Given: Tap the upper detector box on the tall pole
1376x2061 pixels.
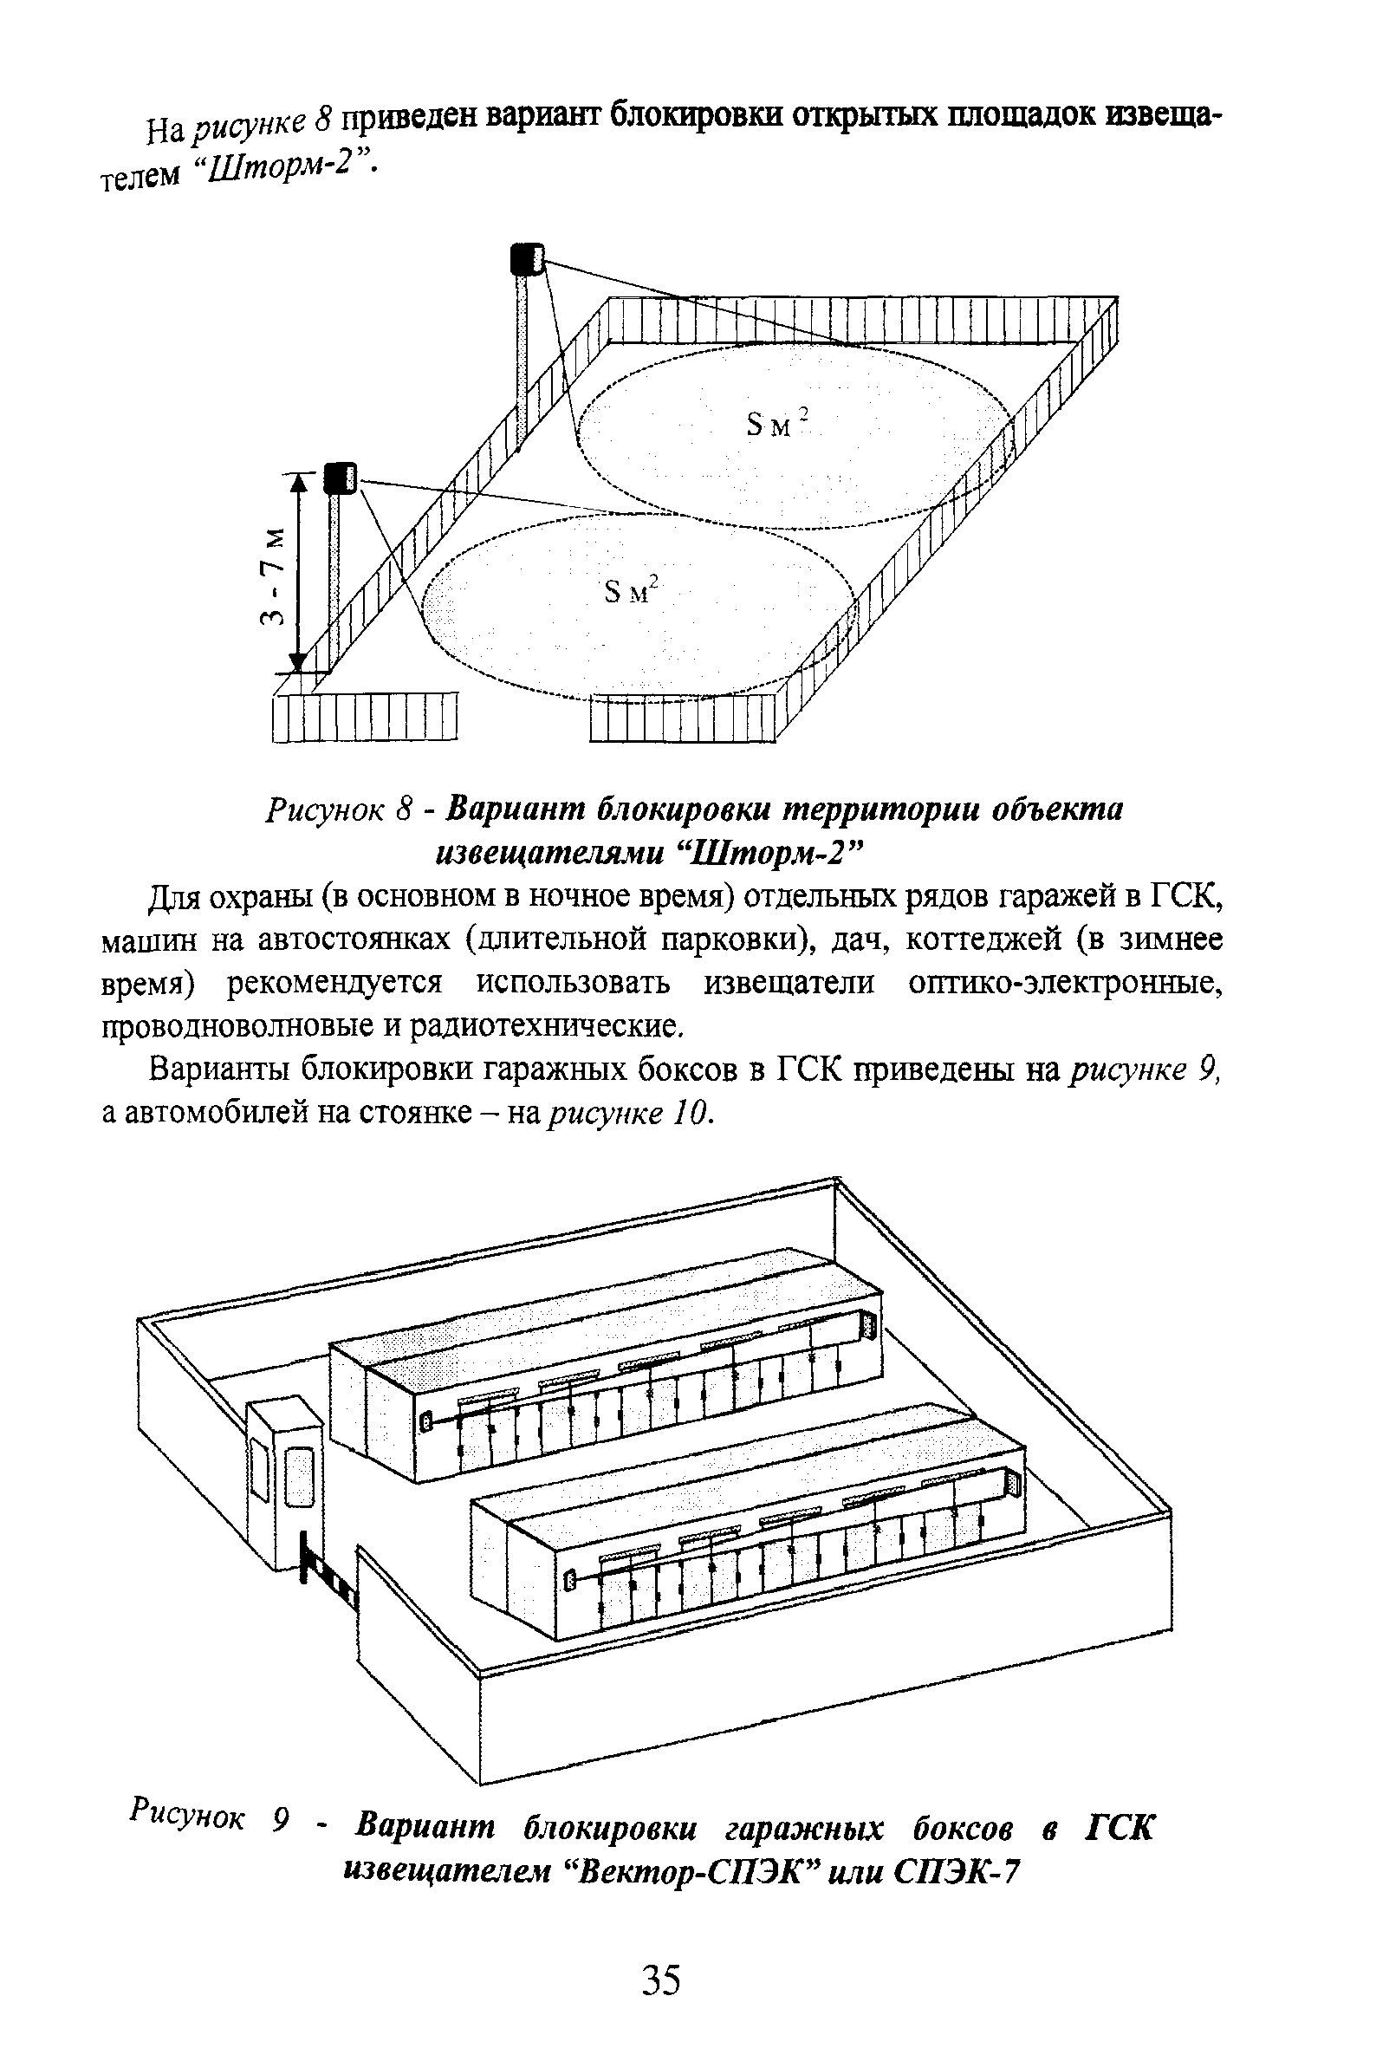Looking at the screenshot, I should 527,259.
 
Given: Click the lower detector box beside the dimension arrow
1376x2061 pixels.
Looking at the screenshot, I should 340,478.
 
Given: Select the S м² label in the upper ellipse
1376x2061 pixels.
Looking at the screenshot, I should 777,426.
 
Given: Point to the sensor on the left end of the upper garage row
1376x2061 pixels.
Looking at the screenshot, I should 426,1421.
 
